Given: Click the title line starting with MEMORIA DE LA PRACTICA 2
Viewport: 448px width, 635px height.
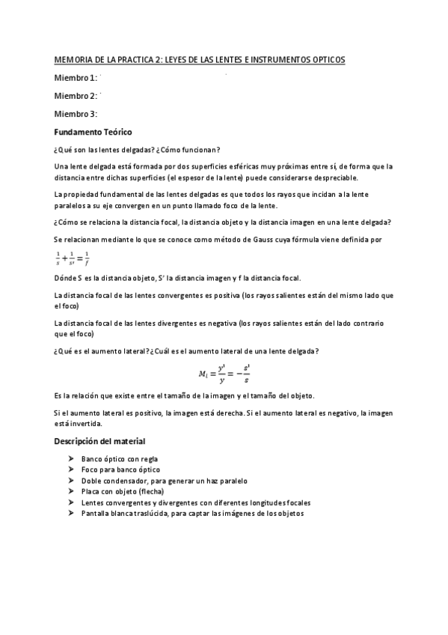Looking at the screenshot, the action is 200,59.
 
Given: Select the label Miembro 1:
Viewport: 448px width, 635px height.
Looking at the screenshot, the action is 76,78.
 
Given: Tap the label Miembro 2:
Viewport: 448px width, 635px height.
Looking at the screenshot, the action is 76,96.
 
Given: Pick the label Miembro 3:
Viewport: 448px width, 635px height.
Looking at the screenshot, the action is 76,114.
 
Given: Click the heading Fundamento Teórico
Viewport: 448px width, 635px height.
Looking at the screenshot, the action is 93,132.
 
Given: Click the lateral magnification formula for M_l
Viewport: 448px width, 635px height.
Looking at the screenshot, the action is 224,374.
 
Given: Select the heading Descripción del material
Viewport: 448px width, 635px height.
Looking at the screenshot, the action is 99,441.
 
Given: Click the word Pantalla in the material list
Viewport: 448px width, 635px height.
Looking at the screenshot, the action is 96,514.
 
